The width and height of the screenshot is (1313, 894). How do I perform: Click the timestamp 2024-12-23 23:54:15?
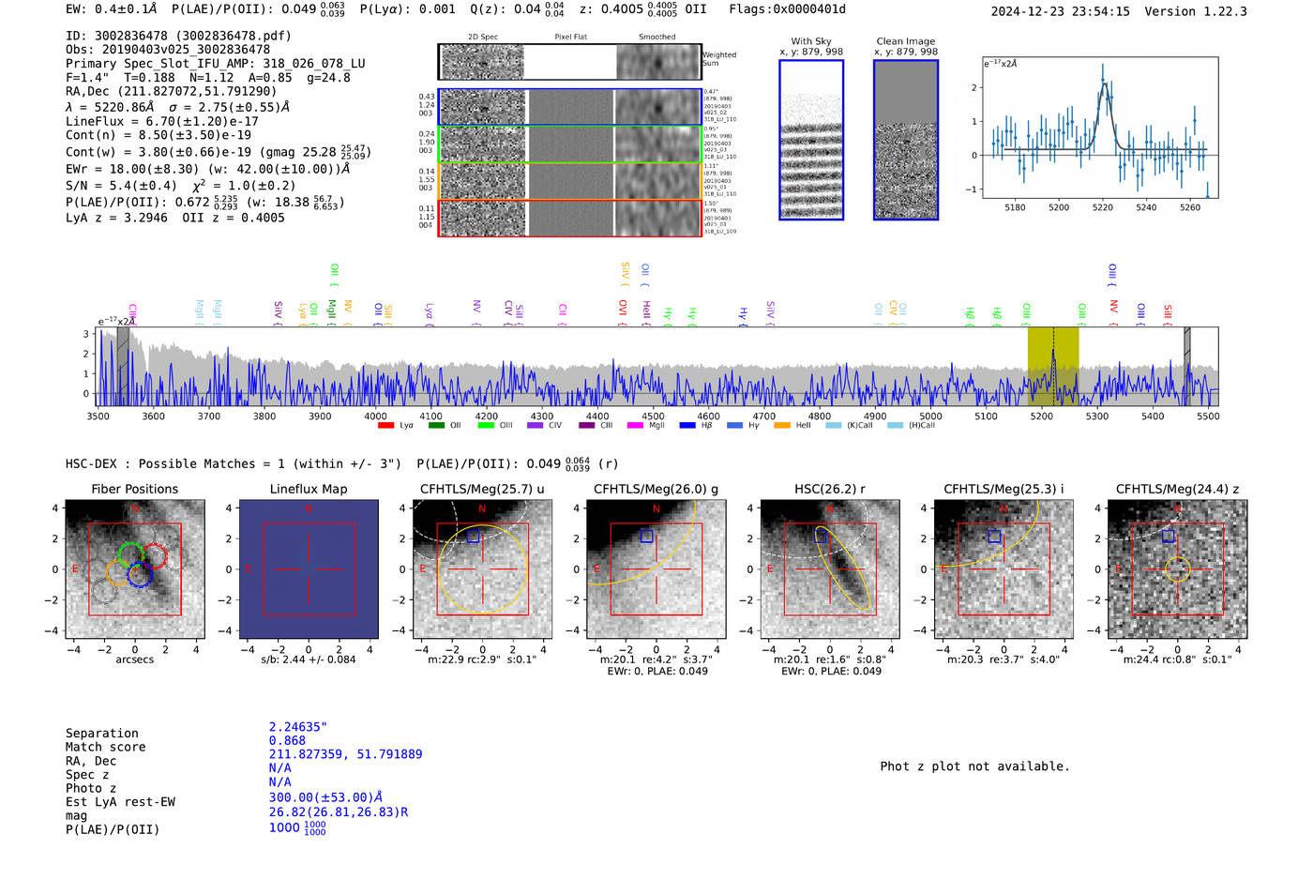(x=1060, y=11)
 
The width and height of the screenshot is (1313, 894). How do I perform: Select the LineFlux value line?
(x=161, y=121)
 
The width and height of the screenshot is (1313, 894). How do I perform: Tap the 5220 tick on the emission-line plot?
(x=1103, y=207)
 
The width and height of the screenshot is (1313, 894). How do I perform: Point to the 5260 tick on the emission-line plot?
(x=1190, y=207)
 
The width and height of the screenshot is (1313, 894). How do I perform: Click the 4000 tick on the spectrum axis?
(x=375, y=417)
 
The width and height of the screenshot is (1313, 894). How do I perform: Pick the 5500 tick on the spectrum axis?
(x=1208, y=417)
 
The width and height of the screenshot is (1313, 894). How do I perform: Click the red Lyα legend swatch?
(x=385, y=426)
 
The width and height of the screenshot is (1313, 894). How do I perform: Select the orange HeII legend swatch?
(x=782, y=426)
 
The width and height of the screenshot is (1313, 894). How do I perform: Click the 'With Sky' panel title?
(x=811, y=41)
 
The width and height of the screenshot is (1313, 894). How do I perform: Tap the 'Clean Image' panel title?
(x=906, y=41)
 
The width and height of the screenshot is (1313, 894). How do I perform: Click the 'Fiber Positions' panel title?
(x=134, y=489)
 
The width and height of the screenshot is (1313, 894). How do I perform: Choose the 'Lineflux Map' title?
(x=309, y=489)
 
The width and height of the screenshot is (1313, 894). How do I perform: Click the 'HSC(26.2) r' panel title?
(x=830, y=489)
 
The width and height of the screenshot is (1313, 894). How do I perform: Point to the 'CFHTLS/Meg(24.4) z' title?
(x=1177, y=489)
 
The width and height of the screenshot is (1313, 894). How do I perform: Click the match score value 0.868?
(x=287, y=741)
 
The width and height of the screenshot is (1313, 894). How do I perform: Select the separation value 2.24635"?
(x=298, y=727)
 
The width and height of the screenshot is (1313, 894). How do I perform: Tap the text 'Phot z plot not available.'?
(x=974, y=766)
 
